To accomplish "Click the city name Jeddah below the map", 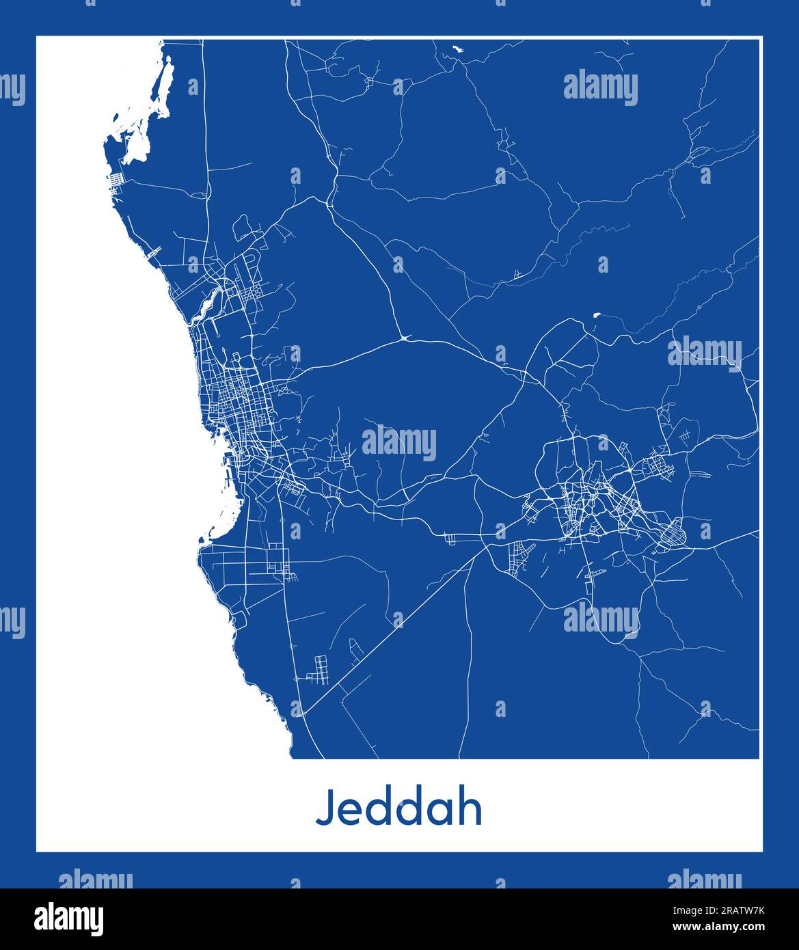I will pyautogui.click(x=399, y=808).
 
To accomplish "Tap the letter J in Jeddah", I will pyautogui.click(x=324, y=808).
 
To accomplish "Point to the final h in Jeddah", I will pyautogui.click(x=471, y=808).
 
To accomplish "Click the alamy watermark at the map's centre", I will pyautogui.click(x=399, y=443).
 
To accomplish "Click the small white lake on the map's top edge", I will pyautogui.click(x=456, y=49).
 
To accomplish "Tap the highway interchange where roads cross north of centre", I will pyautogui.click(x=406, y=337).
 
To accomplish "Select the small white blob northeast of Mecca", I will pyautogui.click(x=597, y=315).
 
